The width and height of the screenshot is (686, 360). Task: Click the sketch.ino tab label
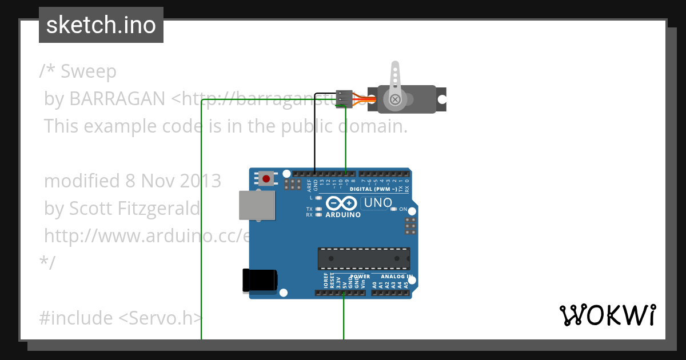[x=101, y=25]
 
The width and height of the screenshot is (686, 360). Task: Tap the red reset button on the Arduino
[x=266, y=178]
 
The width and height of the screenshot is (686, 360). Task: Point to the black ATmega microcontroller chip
[x=364, y=258]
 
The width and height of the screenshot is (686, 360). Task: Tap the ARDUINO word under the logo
[x=343, y=215]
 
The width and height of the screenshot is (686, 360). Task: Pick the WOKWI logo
[x=608, y=315]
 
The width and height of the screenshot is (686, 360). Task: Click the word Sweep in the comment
[x=89, y=71]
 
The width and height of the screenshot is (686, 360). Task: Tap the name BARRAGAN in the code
[x=117, y=99]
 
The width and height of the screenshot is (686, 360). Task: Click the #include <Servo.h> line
[x=121, y=318]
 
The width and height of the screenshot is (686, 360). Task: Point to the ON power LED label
[x=403, y=209]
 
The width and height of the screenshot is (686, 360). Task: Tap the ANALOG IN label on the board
[x=394, y=277]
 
